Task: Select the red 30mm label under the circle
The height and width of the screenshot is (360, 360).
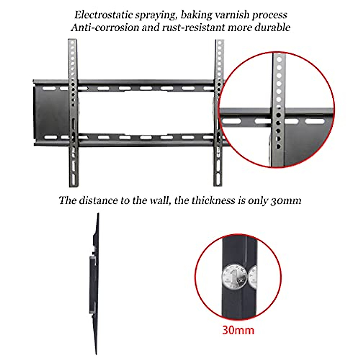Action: (238, 330)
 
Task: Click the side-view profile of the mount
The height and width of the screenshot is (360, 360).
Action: (94, 282)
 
